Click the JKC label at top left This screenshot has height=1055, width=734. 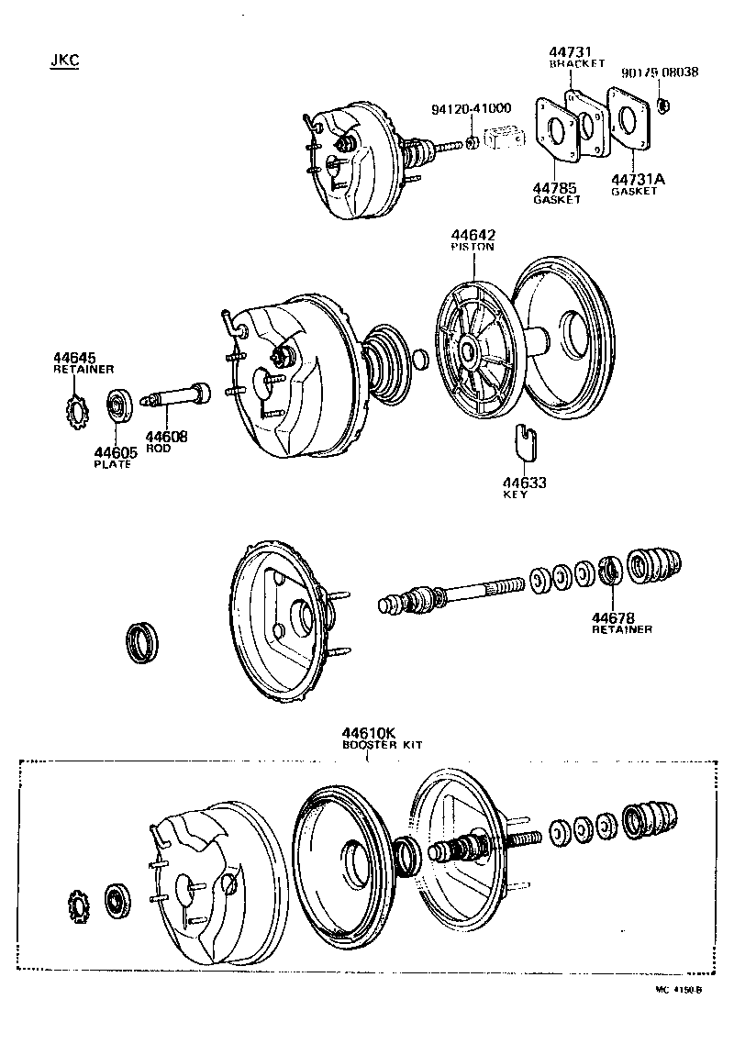pos(64,61)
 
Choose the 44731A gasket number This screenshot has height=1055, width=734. pos(638,180)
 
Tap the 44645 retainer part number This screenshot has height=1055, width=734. pos(73,358)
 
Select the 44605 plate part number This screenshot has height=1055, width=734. pos(113,452)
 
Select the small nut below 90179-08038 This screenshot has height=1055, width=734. pos(665,104)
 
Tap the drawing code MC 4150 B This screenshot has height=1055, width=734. pos(678,990)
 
